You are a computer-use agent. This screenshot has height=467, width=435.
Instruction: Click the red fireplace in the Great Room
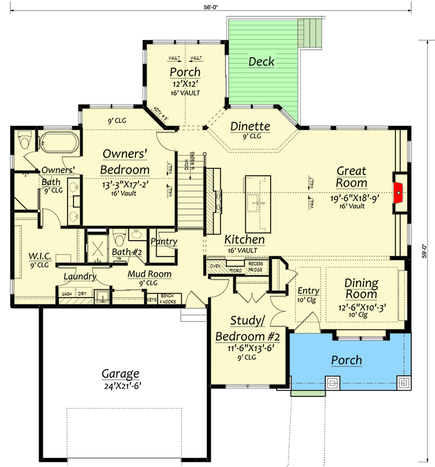pos(399,192)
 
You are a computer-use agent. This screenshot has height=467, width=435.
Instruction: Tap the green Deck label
pos(262,61)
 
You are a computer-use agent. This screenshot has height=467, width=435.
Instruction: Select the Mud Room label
pos(149,274)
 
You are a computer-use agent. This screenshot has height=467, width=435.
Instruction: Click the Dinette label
pos(250,127)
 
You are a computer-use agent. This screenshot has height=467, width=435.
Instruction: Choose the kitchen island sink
pos(254,204)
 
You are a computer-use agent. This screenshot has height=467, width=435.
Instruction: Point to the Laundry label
pos(80,276)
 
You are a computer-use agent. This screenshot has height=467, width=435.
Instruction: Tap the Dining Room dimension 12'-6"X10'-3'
pos(362,306)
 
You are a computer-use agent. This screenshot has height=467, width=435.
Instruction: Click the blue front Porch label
pos(347,360)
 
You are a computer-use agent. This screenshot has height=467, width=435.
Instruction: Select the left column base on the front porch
pos(332,383)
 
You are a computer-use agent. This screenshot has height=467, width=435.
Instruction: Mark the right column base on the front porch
pos(404,383)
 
